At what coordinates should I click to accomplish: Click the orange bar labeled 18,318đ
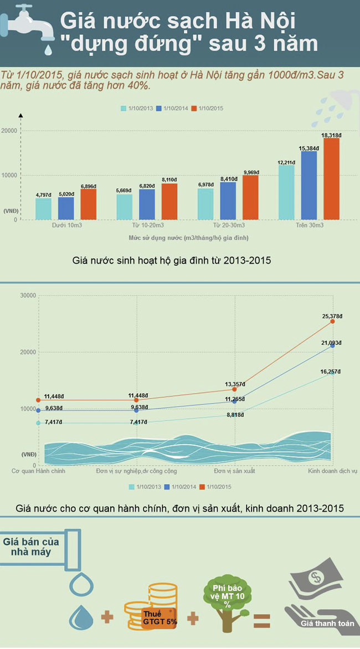click(x=331, y=178)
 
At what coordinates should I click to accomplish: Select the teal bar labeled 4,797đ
click(x=43, y=209)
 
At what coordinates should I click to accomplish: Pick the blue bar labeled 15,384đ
click(x=308, y=185)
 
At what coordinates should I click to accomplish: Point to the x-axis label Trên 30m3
click(x=310, y=226)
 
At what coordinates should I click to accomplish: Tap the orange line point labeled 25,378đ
click(x=332, y=321)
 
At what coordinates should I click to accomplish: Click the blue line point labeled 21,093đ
click(x=332, y=346)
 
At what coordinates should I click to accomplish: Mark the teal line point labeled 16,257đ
click(x=332, y=373)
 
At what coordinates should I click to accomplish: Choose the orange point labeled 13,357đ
click(x=234, y=389)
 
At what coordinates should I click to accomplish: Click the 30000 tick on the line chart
click(x=28, y=295)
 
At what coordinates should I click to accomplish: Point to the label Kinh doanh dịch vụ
click(x=333, y=471)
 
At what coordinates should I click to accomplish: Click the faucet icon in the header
click(x=28, y=25)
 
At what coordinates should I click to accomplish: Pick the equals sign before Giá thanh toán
click(x=261, y=619)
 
